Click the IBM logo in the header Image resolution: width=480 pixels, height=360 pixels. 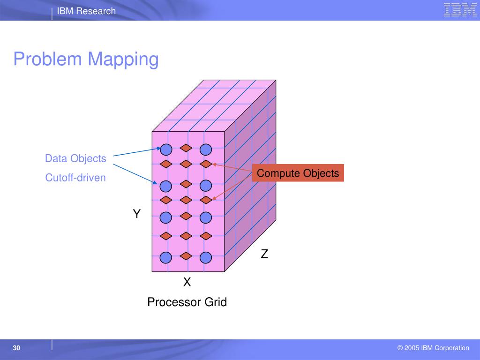tap(460, 10)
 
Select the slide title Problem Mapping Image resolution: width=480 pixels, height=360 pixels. tap(86, 60)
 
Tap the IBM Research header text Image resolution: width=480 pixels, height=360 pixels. tap(86, 11)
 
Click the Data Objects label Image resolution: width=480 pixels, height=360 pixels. tap(75, 158)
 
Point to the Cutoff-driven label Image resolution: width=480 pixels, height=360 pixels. tap(75, 178)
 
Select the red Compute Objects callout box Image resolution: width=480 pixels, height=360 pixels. tap(298, 173)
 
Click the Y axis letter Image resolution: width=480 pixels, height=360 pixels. tap(136, 214)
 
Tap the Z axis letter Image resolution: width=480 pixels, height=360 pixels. tap(264, 254)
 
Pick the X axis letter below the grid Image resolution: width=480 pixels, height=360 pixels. tap(187, 282)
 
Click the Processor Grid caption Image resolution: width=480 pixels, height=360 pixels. tap(187, 302)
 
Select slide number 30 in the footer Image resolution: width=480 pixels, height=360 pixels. tap(16, 348)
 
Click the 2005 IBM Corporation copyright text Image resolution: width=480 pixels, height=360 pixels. tap(433, 348)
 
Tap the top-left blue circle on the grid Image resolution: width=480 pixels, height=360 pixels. tap(166, 150)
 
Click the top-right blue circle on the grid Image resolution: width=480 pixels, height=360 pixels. tap(206, 150)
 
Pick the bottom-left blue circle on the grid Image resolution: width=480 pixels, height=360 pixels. tap(166, 257)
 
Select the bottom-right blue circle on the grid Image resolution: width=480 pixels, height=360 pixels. tap(206, 257)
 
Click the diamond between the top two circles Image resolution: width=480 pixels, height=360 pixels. tap(186, 148)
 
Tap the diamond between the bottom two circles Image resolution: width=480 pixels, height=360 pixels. tap(186, 256)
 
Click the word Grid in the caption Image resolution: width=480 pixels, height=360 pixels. tap(216, 302)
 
